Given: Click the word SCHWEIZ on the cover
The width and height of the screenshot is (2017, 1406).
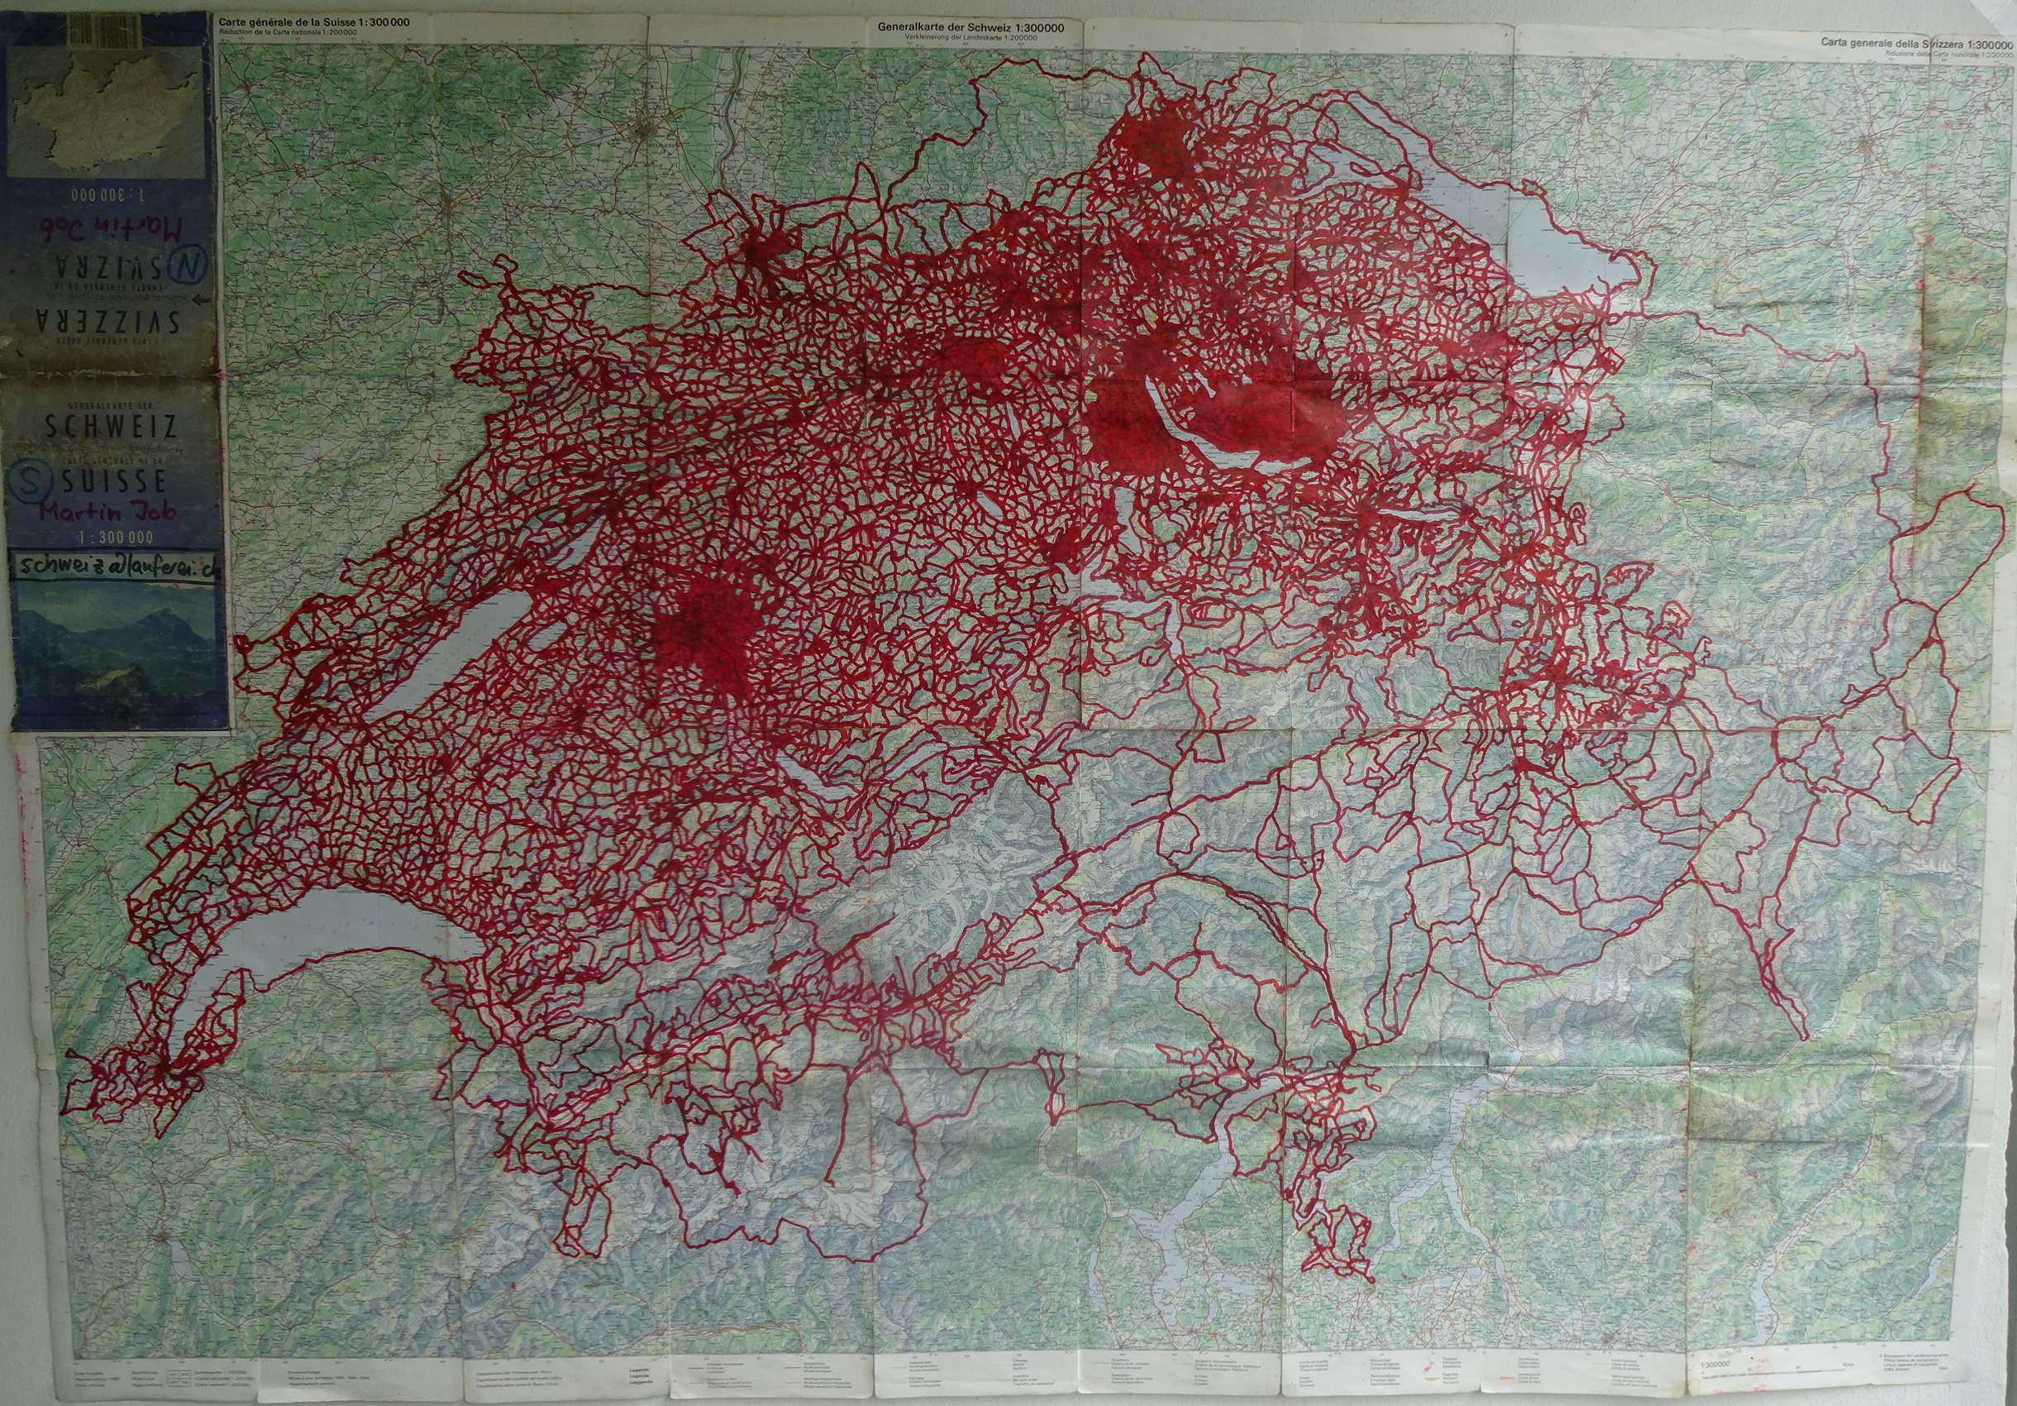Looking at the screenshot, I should (112, 427).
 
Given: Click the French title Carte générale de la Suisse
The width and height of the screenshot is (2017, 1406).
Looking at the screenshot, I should (326, 22).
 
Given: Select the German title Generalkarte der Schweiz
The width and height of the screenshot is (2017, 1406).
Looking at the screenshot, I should (970, 27).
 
